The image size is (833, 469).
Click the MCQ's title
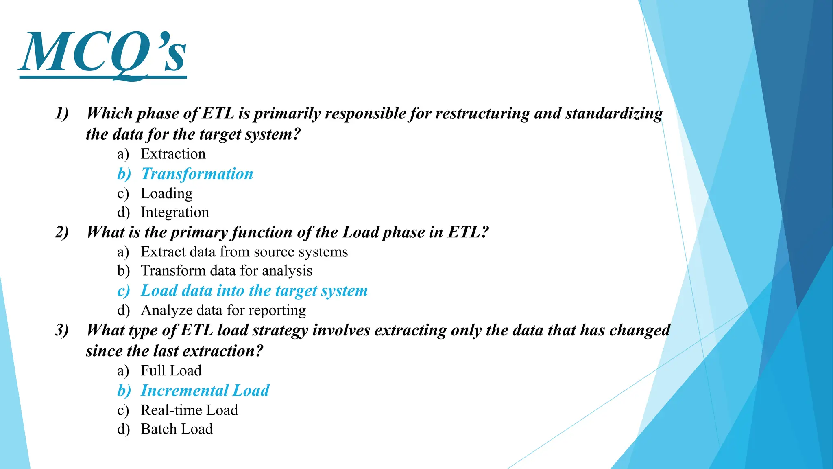coord(102,53)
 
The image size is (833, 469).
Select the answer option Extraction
coord(173,154)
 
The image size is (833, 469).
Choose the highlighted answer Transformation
coord(197,174)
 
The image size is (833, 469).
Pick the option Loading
coord(166,193)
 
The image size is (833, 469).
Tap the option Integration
coord(174,212)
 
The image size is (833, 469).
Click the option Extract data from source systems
coord(244,252)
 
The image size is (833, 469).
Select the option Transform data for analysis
coord(226,271)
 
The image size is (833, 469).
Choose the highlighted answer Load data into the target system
coord(254,291)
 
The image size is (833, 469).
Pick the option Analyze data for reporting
coord(223,310)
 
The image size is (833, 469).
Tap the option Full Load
coord(171,370)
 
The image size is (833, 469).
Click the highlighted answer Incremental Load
coord(205,390)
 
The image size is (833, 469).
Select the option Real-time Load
coord(189,410)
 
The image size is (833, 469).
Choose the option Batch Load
coord(177,429)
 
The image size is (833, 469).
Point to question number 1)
coord(62,113)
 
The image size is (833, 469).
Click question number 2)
coord(62,232)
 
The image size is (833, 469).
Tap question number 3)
coord(62,330)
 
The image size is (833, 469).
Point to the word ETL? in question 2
coord(468,232)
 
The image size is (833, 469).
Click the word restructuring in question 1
coord(482,114)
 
